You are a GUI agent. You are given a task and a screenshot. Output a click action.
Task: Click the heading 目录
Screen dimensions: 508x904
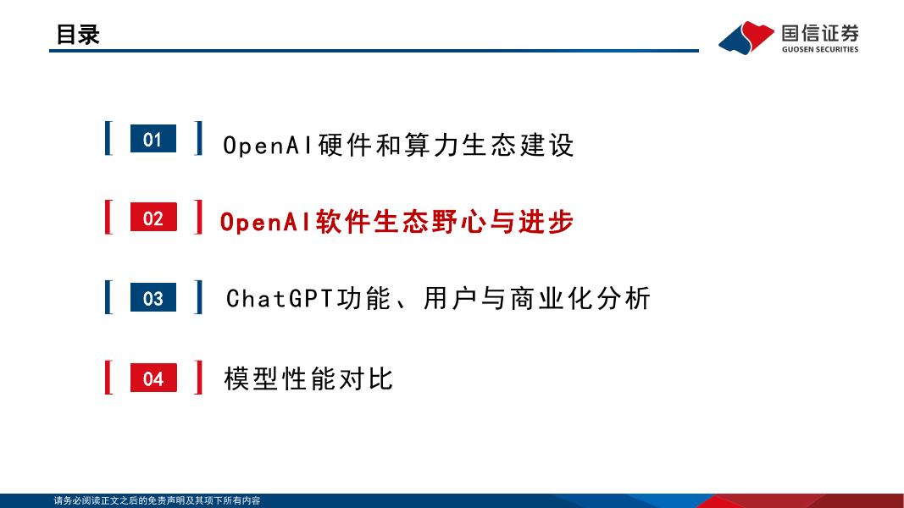click(x=77, y=35)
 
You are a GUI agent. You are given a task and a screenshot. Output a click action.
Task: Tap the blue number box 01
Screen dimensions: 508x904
click(x=153, y=140)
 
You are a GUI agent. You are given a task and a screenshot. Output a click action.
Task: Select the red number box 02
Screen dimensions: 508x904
click(x=153, y=218)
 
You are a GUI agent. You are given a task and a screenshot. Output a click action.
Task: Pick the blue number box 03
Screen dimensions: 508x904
click(x=153, y=298)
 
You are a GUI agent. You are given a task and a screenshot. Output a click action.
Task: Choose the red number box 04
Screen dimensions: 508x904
click(x=153, y=378)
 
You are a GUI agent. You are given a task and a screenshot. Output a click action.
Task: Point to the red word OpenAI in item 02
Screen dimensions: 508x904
click(x=266, y=223)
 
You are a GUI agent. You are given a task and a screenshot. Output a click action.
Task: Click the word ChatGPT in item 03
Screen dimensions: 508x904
click(x=280, y=299)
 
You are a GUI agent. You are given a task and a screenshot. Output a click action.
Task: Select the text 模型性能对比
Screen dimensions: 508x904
click(x=309, y=378)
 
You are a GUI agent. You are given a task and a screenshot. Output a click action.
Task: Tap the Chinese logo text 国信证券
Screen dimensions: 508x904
click(x=819, y=33)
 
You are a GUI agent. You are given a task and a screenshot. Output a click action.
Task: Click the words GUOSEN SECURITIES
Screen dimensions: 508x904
click(x=819, y=49)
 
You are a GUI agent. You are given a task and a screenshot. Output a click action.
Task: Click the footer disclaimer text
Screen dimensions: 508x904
click(x=158, y=501)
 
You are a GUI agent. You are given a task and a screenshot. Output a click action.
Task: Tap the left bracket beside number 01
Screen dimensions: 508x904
click(x=108, y=139)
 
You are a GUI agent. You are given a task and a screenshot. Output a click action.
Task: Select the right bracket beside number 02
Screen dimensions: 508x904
click(x=198, y=218)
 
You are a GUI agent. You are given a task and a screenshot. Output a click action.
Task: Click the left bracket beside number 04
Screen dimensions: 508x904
click(x=108, y=378)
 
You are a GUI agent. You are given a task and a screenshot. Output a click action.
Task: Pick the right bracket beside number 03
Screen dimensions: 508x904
click(x=198, y=297)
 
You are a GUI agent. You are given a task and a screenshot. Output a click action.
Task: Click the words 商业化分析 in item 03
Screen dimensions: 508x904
click(x=580, y=299)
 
